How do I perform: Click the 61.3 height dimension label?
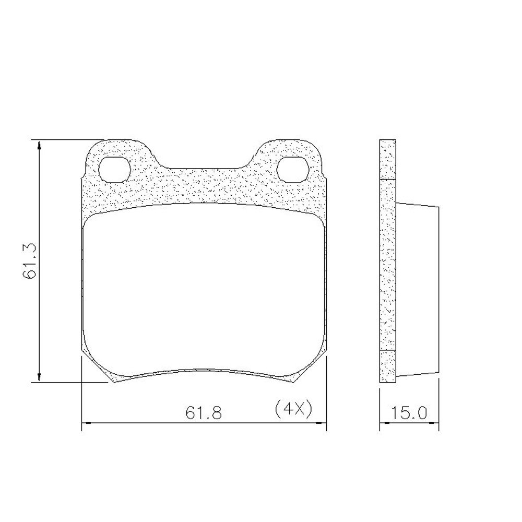[x=29, y=260]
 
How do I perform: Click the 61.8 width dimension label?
[x=204, y=413]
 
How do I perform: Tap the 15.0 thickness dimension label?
[x=409, y=413]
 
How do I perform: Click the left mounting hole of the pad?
[x=115, y=170]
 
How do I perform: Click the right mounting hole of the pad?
[x=293, y=170]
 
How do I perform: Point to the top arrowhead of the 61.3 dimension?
[x=39, y=145]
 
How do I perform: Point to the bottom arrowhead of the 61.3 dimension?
[x=39, y=378]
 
